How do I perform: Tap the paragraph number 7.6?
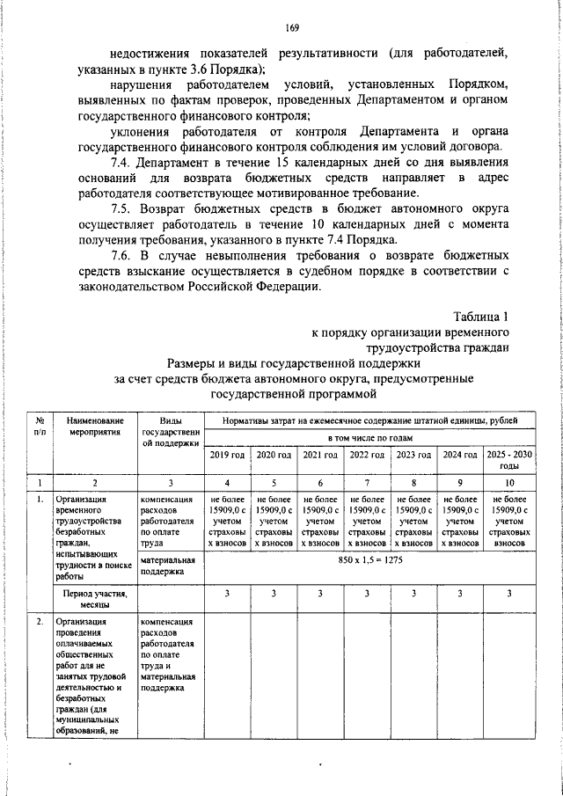point(123,254)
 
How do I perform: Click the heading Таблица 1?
point(481,317)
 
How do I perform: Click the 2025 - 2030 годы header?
point(509,460)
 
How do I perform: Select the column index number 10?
point(509,483)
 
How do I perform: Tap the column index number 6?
point(319,483)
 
